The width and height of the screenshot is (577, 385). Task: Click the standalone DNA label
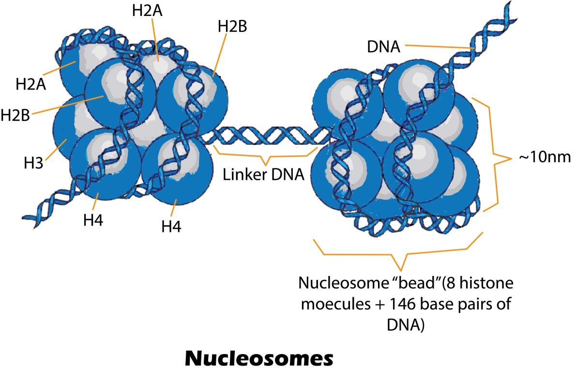point(383,47)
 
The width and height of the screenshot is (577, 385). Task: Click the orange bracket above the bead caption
point(399,256)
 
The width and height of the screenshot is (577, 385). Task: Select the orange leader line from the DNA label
point(438,47)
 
